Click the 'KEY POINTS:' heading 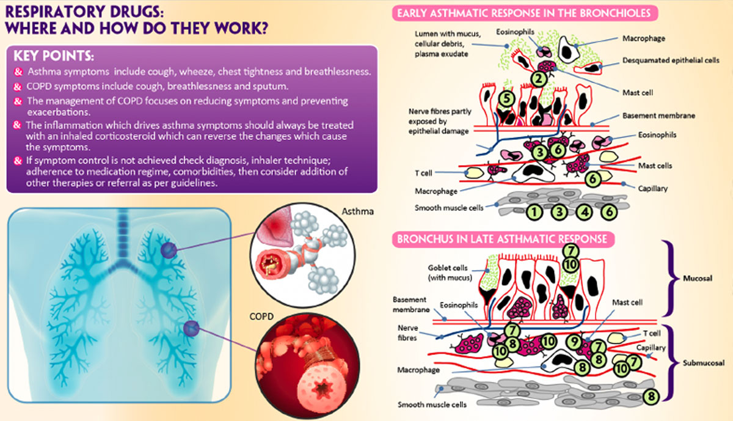click(53, 56)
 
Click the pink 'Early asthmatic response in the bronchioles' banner click(523, 13)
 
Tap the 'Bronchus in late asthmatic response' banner click(501, 238)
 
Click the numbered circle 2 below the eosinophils click(538, 78)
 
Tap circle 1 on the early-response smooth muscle click(534, 212)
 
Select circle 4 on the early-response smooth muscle click(585, 212)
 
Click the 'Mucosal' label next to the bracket click(696, 278)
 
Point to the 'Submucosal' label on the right click(703, 362)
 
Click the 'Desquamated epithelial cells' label click(662, 60)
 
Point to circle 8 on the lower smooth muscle click(652, 396)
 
